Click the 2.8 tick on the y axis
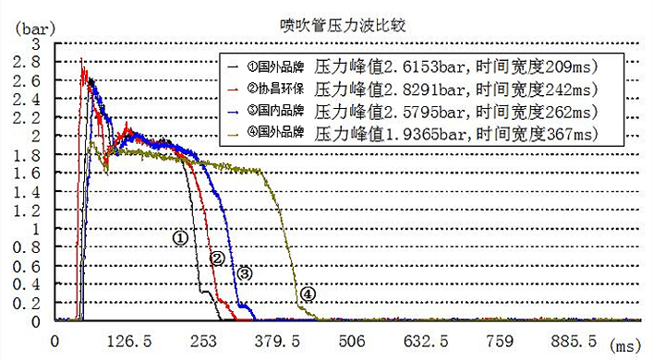click(x=30, y=62)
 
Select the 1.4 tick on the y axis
click(x=30, y=191)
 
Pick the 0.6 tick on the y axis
click(x=30, y=266)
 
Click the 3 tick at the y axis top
click(x=36, y=43)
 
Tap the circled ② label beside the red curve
click(x=217, y=258)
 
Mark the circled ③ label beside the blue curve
click(x=245, y=273)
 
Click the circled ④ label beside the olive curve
click(x=308, y=294)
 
